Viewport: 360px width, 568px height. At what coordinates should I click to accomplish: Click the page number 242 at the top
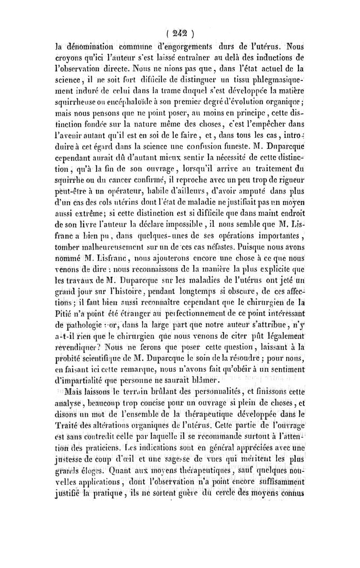pos(180,33)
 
